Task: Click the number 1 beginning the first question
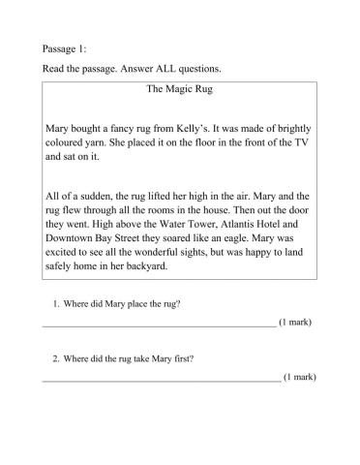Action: (x=55, y=304)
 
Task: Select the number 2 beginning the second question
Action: (x=55, y=359)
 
